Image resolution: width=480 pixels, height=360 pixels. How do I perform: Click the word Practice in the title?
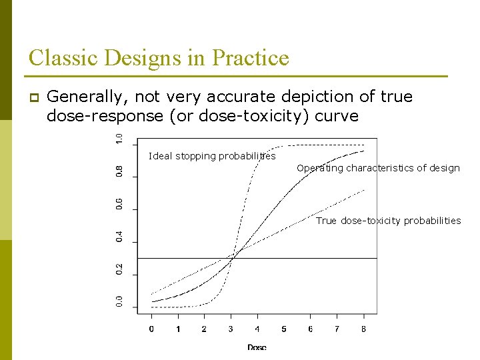(251, 58)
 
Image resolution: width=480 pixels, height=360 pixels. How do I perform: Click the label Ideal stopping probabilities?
(211, 156)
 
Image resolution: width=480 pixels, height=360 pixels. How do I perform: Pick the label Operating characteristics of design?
(378, 168)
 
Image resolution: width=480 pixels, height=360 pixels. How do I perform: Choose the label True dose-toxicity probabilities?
(388, 221)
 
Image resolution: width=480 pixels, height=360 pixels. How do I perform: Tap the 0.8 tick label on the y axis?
(119, 171)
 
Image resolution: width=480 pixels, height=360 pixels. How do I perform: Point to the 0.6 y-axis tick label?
(119, 204)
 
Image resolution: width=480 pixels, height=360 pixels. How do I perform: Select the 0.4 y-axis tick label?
(119, 237)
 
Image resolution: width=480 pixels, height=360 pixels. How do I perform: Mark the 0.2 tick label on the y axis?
(119, 269)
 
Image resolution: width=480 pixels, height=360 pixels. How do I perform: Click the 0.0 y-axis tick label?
(119, 302)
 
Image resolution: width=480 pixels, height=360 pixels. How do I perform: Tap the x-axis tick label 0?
(151, 329)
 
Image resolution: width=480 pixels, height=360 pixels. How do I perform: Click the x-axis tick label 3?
(231, 329)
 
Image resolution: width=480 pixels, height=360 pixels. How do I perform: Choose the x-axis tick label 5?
(284, 329)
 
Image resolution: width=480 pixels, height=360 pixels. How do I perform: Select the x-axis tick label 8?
(363, 329)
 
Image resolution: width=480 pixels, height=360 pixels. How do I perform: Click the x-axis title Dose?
(257, 347)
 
